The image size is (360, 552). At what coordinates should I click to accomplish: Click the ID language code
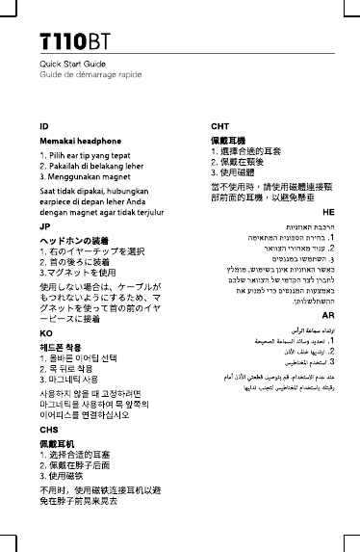[x=44, y=126]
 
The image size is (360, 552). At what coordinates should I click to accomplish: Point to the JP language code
[x=44, y=226]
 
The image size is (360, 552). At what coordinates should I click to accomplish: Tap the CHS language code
[x=48, y=430]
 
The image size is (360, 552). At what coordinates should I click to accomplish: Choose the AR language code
[x=328, y=315]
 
